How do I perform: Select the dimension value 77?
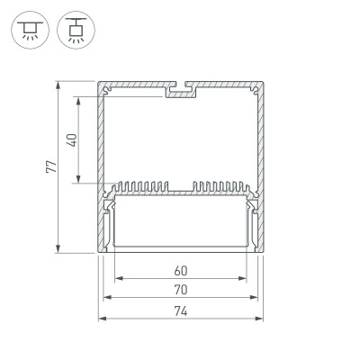click(x=51, y=167)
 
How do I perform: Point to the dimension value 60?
click(x=180, y=270)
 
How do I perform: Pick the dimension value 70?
click(x=180, y=290)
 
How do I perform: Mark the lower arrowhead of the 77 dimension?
click(x=60, y=250)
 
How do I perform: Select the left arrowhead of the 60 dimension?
click(x=118, y=278)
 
